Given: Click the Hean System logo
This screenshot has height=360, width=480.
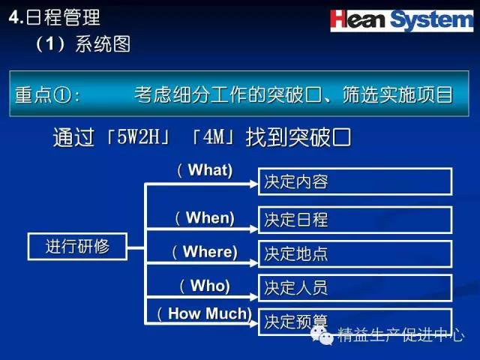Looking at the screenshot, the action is click(x=402, y=20).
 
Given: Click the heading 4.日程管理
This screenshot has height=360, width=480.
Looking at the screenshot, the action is click(x=55, y=17).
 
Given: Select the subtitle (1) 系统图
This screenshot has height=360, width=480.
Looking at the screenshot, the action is click(x=83, y=44).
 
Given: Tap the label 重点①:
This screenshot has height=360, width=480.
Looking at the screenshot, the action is click(x=47, y=94).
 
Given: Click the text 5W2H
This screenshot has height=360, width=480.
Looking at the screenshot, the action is click(x=138, y=136).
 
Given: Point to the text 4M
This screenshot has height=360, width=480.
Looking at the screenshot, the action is click(x=214, y=136).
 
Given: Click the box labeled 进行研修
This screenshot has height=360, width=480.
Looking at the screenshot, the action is click(x=77, y=247).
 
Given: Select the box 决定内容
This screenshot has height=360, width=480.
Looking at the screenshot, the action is click(x=355, y=181).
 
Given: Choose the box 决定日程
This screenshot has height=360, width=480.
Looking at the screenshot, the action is click(x=355, y=220).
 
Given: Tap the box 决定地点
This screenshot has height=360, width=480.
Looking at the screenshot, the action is click(x=355, y=254).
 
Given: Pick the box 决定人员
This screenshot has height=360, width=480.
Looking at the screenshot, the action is click(x=355, y=288).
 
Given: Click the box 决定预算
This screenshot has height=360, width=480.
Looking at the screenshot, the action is click(x=355, y=322).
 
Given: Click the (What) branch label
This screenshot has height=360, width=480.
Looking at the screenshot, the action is click(x=205, y=170).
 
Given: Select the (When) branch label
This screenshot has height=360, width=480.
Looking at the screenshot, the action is click(x=205, y=218).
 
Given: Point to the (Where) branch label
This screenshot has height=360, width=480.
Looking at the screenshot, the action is click(x=205, y=252).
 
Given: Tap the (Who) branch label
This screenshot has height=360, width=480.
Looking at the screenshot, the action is click(x=205, y=286).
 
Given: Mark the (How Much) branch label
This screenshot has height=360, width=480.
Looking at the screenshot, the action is click(x=205, y=314).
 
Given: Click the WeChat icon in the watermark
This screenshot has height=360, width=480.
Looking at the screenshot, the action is click(x=322, y=335).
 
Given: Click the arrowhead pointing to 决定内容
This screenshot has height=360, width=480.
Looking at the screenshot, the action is click(x=253, y=184).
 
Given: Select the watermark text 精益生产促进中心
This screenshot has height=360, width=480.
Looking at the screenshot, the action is click(x=401, y=334).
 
